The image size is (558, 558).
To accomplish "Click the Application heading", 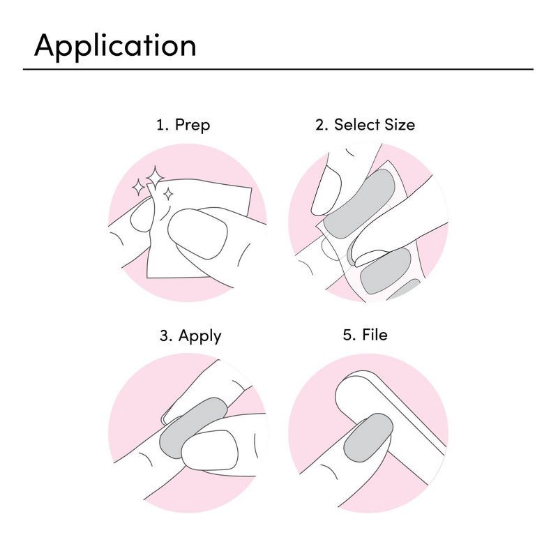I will point(115,46).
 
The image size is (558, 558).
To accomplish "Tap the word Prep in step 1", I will point(192,126).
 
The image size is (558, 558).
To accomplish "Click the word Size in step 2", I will point(400,125).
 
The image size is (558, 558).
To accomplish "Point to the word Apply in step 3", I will point(199,336).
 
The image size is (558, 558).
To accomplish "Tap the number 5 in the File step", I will point(347,335).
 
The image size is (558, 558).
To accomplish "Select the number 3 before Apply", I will point(165,335).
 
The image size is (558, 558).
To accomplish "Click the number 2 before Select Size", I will point(322,126).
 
